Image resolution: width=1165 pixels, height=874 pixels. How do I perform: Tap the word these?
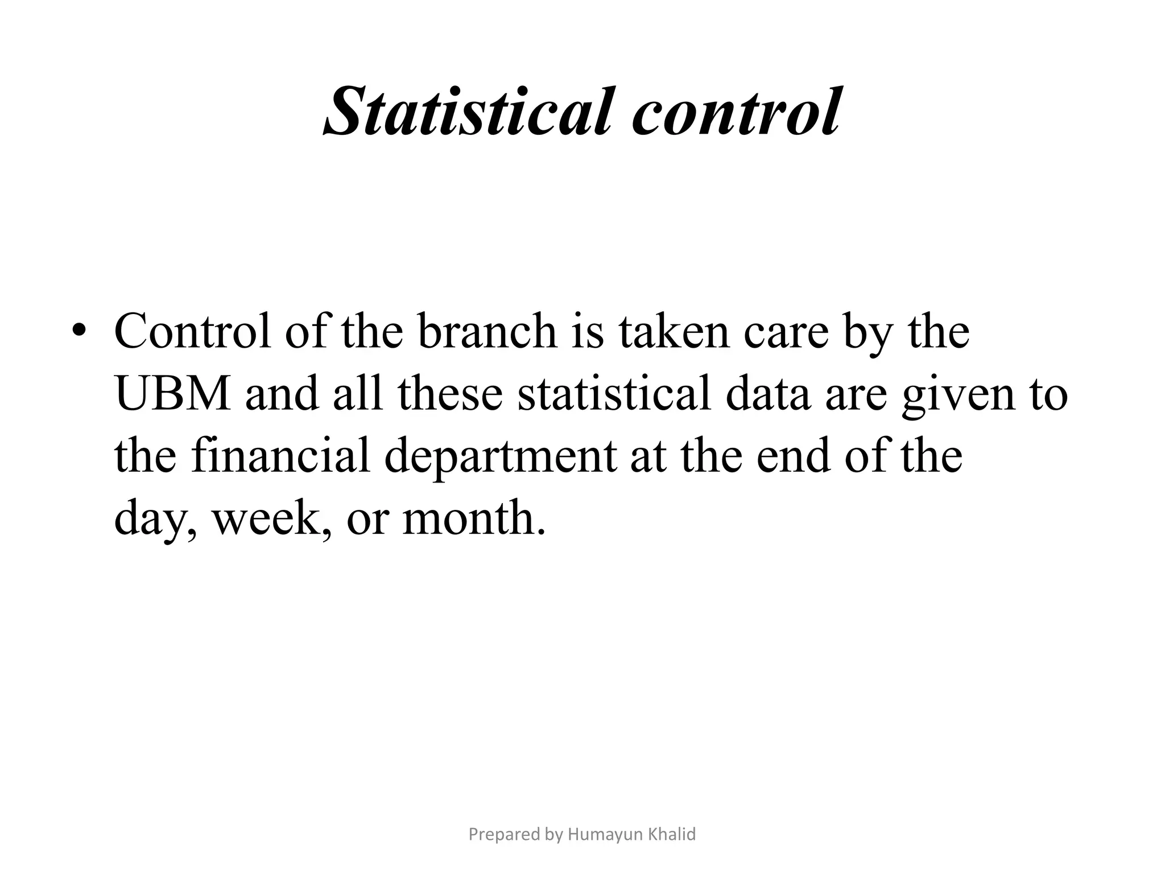450,394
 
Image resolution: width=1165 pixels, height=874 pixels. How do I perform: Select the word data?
768,394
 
